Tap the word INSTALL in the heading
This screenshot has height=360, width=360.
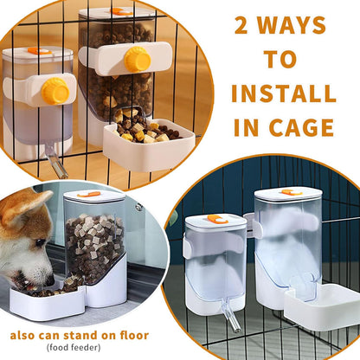pyautogui.click(x=283, y=93)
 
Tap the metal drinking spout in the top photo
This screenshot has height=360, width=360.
pyautogui.click(x=55, y=160)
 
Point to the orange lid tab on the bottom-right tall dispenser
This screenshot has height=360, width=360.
pyautogui.click(x=292, y=191)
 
